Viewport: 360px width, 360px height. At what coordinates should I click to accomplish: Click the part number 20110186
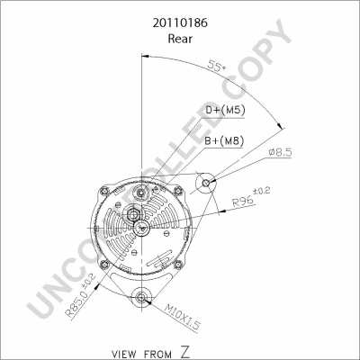pyautogui.click(x=180, y=23)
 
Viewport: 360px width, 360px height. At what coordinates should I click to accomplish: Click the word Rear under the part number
pyautogui.click(x=180, y=39)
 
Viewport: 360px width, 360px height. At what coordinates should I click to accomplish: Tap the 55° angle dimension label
pyautogui.click(x=217, y=66)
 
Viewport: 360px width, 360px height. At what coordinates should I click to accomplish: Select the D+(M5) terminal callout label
pyautogui.click(x=225, y=111)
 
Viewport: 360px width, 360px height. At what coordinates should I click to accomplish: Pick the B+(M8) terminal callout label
pyautogui.click(x=223, y=140)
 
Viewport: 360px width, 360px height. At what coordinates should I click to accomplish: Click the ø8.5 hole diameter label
pyautogui.click(x=280, y=153)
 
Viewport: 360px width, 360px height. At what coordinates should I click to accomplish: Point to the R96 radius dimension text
pyautogui.click(x=251, y=197)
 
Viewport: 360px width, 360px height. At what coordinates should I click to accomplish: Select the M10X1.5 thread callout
pyautogui.click(x=182, y=318)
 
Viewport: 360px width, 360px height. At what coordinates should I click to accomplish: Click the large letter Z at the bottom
pyautogui.click(x=185, y=352)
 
